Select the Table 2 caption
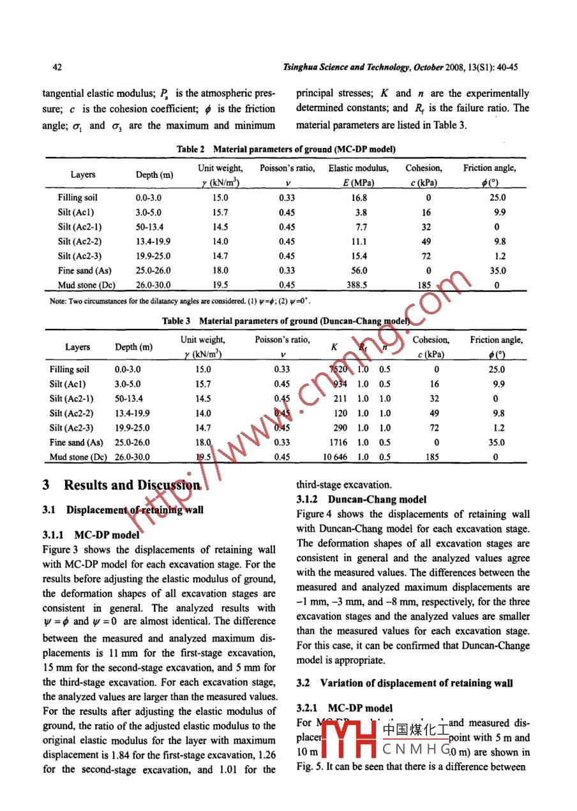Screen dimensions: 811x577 pyautogui.click(x=286, y=149)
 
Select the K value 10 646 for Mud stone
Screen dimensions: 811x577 pyautogui.click(x=336, y=457)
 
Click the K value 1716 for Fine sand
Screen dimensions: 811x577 pyautogui.click(x=338, y=442)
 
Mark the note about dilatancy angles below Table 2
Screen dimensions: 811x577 pyautogui.click(x=181, y=300)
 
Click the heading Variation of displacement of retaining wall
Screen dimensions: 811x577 pyautogui.click(x=416, y=683)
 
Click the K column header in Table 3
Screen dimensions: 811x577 pyautogui.click(x=334, y=347)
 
